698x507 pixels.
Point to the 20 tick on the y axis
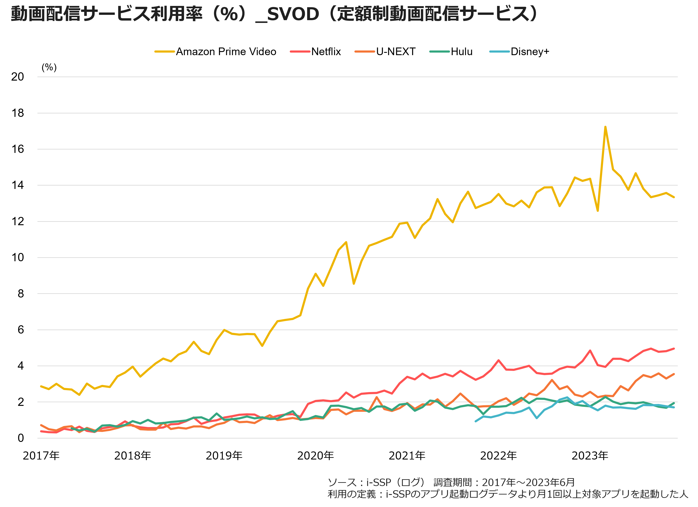(x=18, y=77)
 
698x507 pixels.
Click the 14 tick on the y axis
(x=18, y=185)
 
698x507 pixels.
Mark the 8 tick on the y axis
(x=21, y=294)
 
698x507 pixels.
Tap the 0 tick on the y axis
(x=21, y=438)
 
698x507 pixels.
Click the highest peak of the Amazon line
(x=605, y=127)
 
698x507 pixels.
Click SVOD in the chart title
(x=293, y=14)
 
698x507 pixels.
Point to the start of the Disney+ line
(x=476, y=421)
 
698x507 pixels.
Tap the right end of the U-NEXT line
(x=674, y=374)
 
